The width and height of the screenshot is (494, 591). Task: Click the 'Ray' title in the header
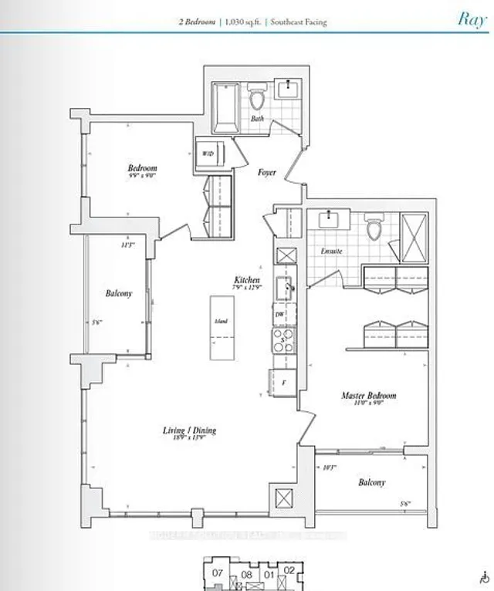[471, 19]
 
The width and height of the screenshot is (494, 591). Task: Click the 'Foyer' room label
[267, 173]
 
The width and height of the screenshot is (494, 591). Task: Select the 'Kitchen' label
[247, 280]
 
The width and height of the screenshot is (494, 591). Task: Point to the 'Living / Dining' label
[189, 430]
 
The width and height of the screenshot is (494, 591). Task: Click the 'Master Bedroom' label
[368, 396]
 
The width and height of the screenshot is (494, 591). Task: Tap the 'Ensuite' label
[331, 252]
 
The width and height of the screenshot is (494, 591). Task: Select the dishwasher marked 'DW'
[279, 316]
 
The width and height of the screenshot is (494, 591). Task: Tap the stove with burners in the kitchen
[281, 339]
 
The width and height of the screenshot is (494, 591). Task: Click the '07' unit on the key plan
[218, 573]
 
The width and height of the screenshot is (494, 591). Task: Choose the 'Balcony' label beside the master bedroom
[371, 482]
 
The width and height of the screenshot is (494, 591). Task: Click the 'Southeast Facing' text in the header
[297, 22]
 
